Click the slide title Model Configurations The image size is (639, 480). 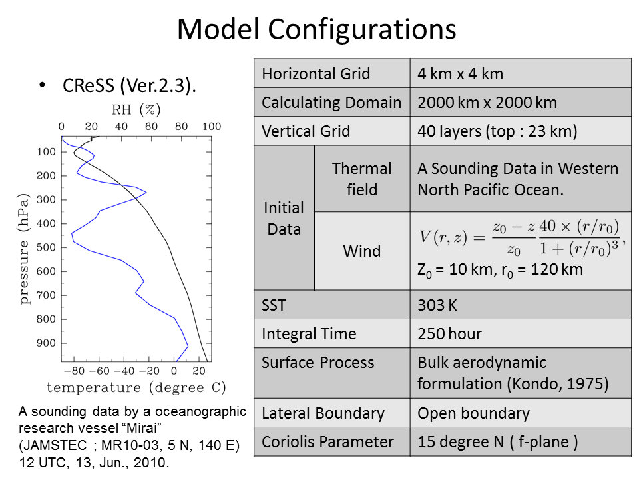click(316, 29)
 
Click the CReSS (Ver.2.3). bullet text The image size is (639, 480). click(129, 86)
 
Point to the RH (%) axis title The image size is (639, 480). click(136, 109)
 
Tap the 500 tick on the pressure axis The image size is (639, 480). click(46, 247)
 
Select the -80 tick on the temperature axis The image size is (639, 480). click(74, 371)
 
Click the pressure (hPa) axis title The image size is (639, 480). click(24, 249)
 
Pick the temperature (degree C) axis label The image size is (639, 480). click(136, 387)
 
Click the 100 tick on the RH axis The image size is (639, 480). click(212, 127)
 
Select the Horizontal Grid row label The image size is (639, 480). click(316, 74)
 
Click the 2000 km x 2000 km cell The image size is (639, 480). click(487, 103)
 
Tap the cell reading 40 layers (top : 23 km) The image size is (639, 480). click(497, 131)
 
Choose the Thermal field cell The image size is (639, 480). click(362, 179)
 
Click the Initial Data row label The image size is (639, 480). click(284, 219)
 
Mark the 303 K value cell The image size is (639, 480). click(437, 305)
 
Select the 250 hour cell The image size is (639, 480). click(449, 334)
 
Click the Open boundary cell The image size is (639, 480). click(473, 413)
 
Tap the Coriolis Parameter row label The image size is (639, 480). click(327, 442)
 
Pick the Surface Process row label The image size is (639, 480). click(318, 363)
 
